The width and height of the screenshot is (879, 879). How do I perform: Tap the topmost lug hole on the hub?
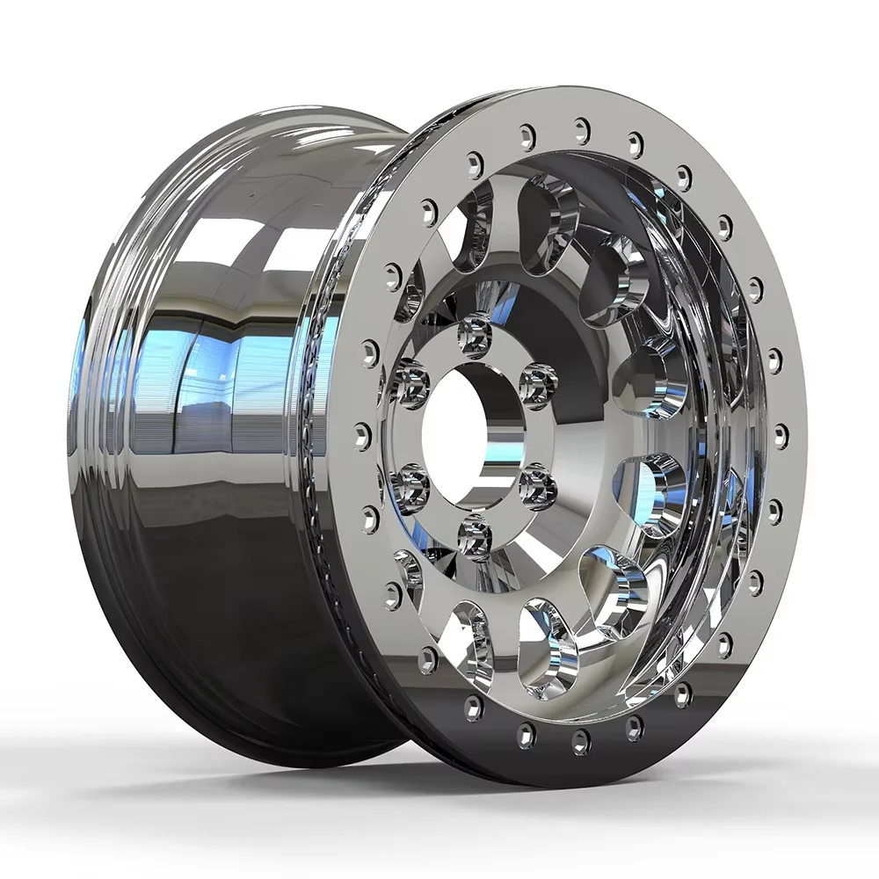pos(476,330)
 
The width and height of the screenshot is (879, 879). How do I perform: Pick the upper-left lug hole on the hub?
pos(410,381)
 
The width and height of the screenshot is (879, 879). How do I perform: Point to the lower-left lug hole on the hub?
pos(411,482)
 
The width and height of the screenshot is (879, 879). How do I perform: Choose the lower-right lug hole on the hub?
pos(535,483)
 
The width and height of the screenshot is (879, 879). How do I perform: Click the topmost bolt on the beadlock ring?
pos(581,129)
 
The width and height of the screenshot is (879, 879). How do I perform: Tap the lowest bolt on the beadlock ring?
pos(581,744)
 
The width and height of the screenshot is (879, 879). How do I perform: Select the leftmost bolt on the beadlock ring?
pos(361,434)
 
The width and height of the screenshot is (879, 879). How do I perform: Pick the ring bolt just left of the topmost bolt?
pos(527,136)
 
